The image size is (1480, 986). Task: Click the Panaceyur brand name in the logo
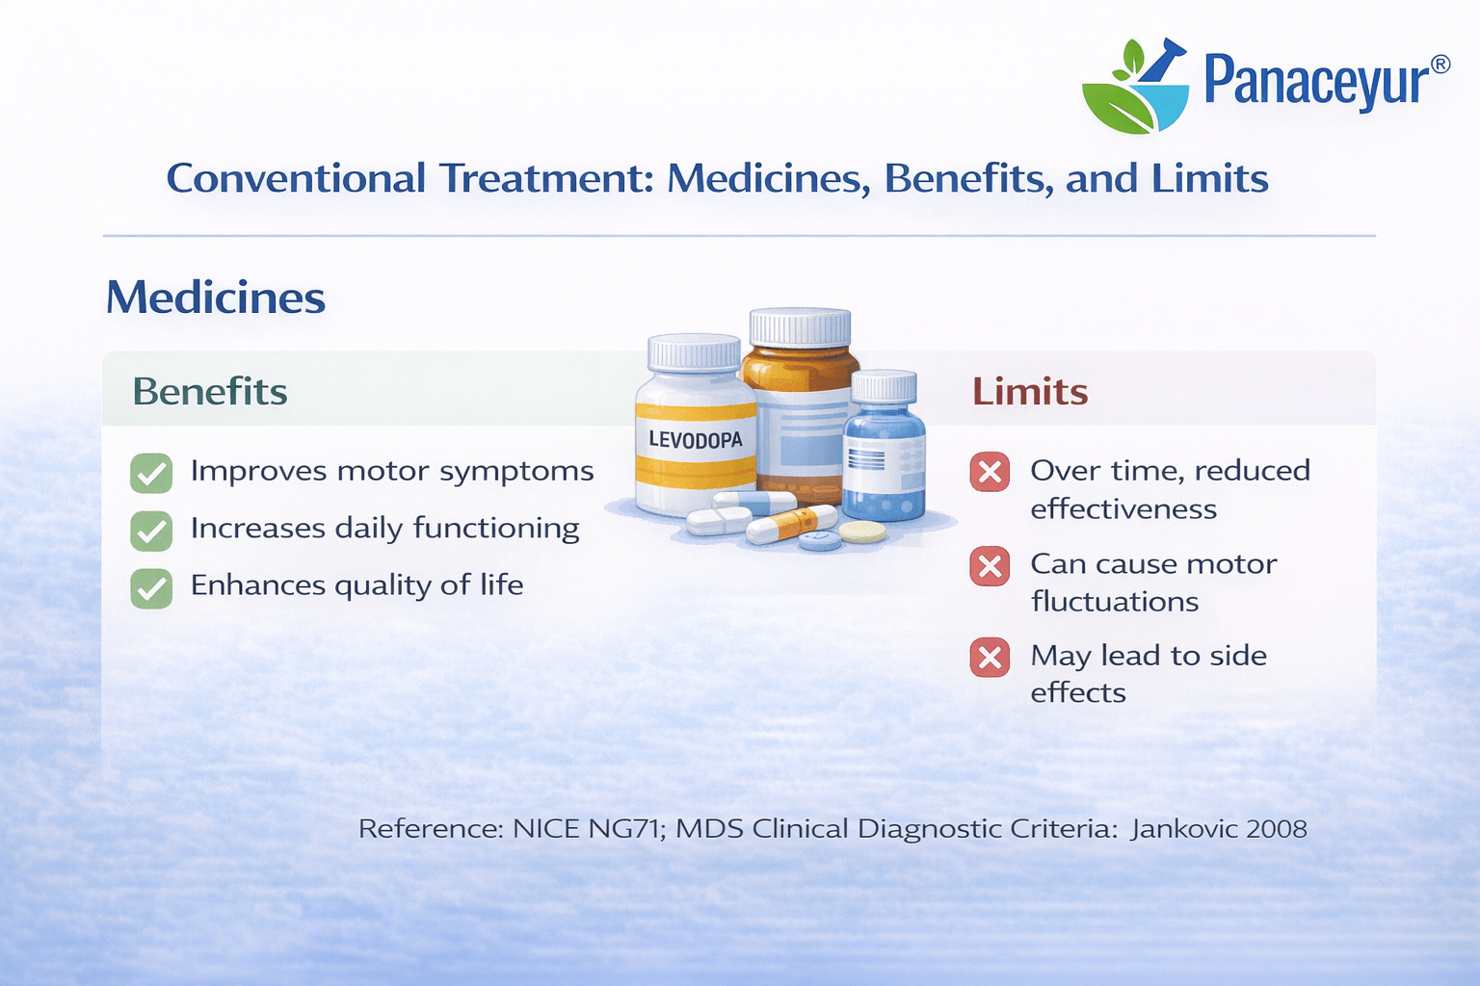tap(1317, 82)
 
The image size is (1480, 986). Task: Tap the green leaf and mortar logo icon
tap(1135, 86)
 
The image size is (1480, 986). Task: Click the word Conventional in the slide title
tap(296, 178)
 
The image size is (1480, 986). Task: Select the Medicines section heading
tap(216, 298)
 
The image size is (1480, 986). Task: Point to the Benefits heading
tap(210, 391)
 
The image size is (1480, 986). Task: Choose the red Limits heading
tap(1030, 391)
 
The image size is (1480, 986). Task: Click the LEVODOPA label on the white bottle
tap(695, 440)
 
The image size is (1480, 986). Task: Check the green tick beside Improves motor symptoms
tap(151, 473)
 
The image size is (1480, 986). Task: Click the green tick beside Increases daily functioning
tap(151, 531)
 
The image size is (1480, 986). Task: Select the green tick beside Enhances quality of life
tap(151, 587)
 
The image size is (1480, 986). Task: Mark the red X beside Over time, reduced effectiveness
tap(990, 472)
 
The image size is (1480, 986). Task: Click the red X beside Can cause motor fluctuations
tap(990, 566)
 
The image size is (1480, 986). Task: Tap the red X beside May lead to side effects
tap(990, 657)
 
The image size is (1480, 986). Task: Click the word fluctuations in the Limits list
tap(1115, 602)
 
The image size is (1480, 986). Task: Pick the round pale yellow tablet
tap(862, 532)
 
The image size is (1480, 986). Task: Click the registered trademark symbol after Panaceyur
tap(1440, 65)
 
